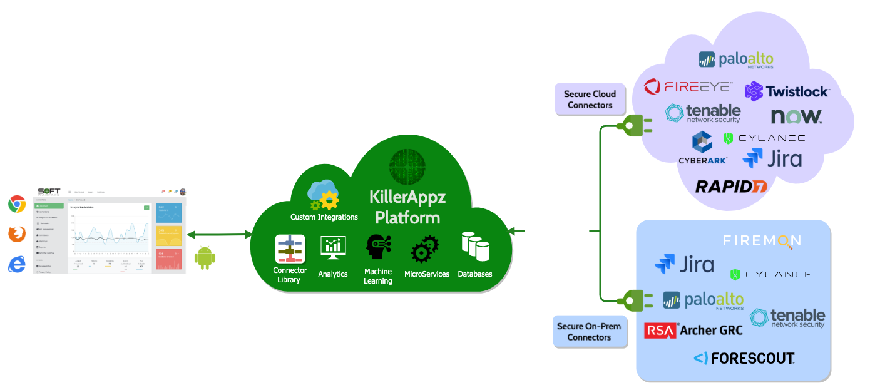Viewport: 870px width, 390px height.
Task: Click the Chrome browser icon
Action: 17,204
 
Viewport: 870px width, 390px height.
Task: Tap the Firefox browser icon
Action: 17,234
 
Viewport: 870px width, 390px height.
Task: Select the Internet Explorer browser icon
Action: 17,264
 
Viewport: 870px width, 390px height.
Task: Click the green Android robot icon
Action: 205,258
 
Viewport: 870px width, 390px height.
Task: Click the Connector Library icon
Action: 290,249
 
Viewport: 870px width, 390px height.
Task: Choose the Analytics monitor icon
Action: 333,248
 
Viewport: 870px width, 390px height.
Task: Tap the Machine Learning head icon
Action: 378,249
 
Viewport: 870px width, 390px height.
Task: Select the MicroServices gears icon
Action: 426,249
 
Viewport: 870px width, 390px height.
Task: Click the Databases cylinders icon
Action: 475,247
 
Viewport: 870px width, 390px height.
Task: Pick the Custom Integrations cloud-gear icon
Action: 324,195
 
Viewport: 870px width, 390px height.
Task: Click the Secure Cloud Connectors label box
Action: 590,99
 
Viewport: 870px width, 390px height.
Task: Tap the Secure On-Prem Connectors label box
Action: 589,331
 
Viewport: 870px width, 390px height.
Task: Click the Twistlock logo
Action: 787,91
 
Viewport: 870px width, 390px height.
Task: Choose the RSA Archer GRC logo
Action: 693,330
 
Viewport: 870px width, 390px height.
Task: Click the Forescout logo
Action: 744,359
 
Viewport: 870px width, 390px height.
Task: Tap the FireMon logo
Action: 762,241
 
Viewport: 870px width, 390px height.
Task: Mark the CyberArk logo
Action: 702,148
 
